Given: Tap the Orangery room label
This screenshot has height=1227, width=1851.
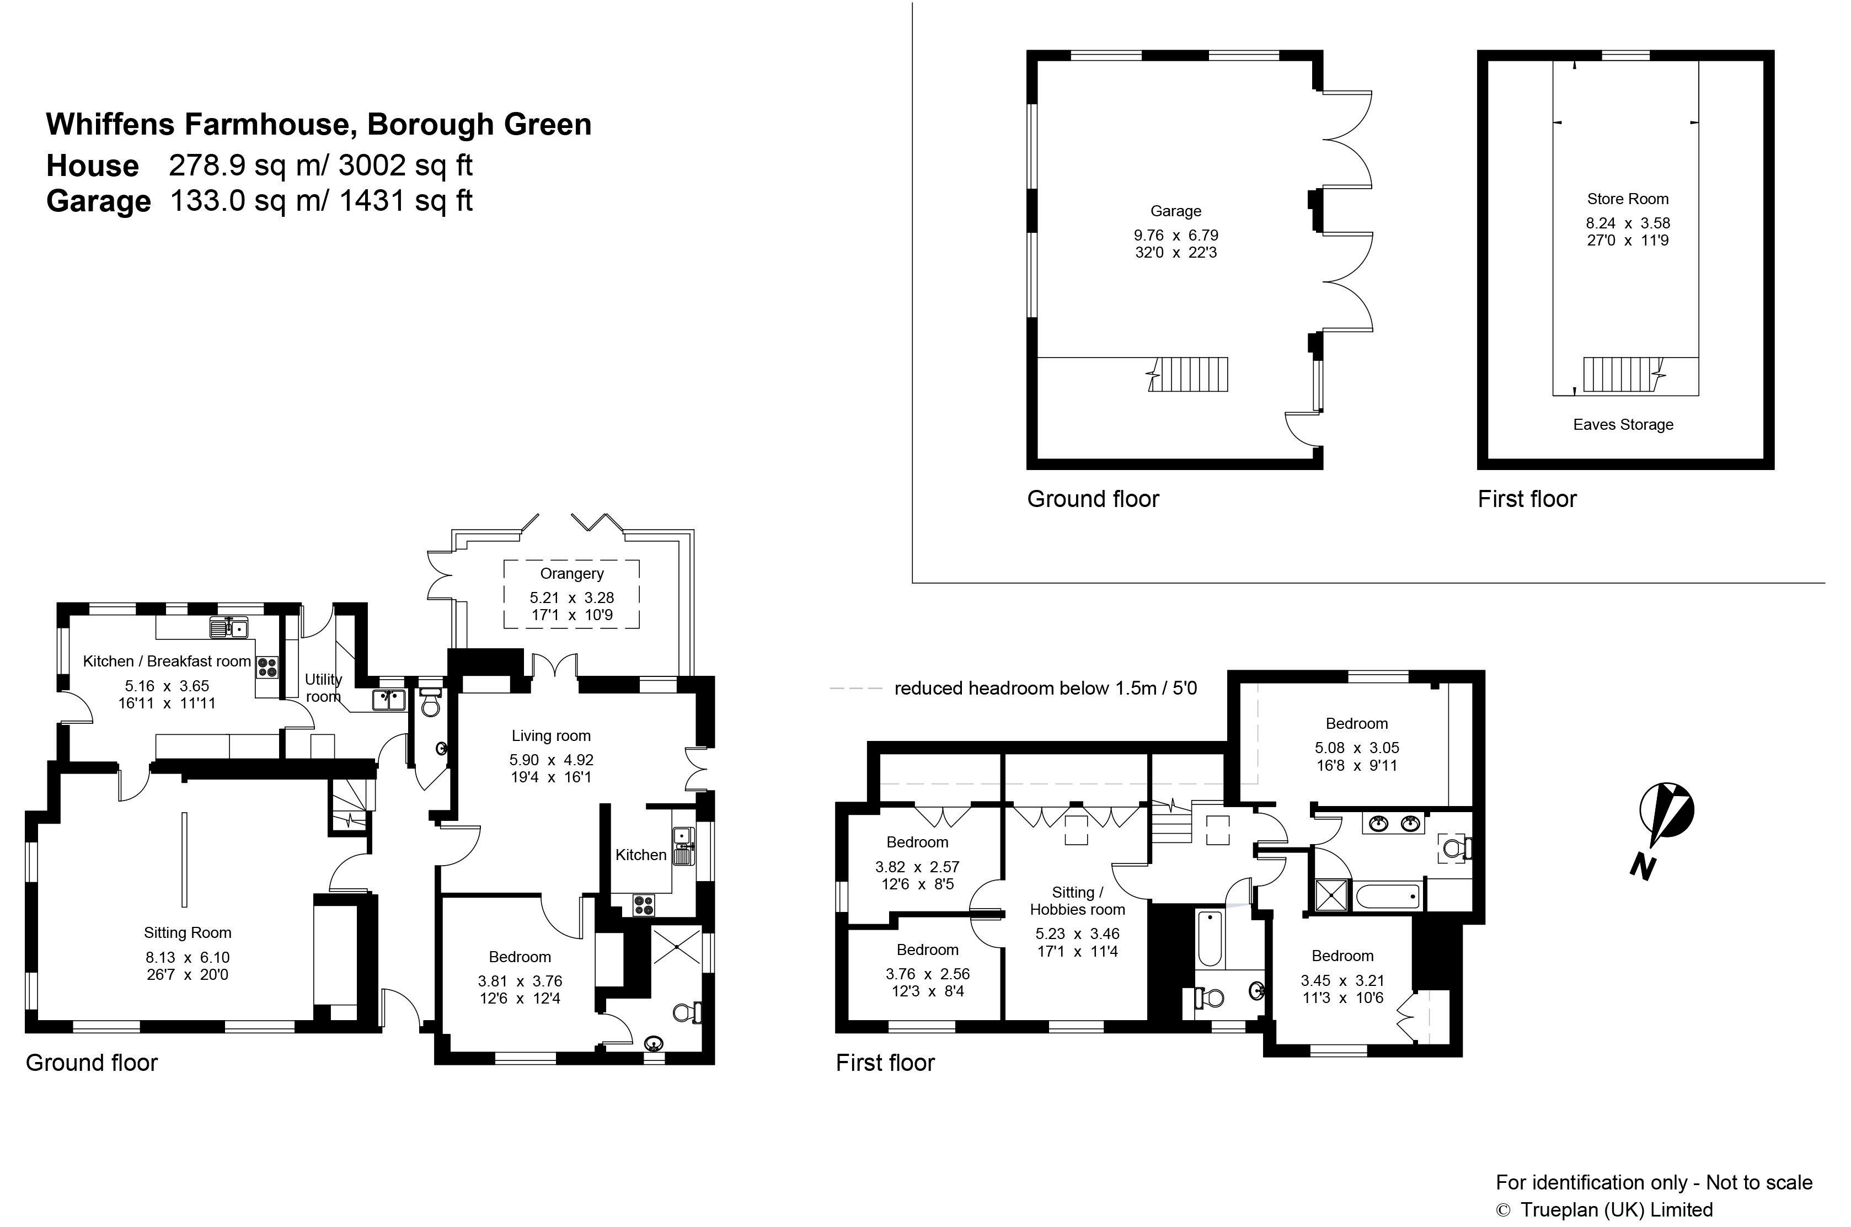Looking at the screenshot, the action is (572, 574).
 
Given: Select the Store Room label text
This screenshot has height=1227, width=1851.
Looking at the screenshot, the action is (1627, 199).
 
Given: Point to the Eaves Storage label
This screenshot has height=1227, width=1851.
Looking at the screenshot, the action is (1623, 424).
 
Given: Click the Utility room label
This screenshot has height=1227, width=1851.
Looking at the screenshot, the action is (323, 688).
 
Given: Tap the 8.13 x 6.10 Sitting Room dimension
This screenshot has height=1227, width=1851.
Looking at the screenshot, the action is (188, 957).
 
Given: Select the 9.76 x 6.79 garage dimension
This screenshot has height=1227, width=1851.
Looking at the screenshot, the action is (1176, 235).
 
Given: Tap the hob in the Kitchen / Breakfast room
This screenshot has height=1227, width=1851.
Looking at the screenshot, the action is (268, 666).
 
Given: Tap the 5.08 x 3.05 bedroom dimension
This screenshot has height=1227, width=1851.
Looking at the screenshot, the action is (1357, 748).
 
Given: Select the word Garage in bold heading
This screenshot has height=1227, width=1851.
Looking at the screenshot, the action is (99, 201).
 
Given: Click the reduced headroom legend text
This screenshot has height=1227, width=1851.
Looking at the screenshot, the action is (1045, 688).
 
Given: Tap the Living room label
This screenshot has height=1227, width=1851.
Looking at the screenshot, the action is (551, 735).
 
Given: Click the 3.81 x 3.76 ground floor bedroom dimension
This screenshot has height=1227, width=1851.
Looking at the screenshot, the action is (520, 980).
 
